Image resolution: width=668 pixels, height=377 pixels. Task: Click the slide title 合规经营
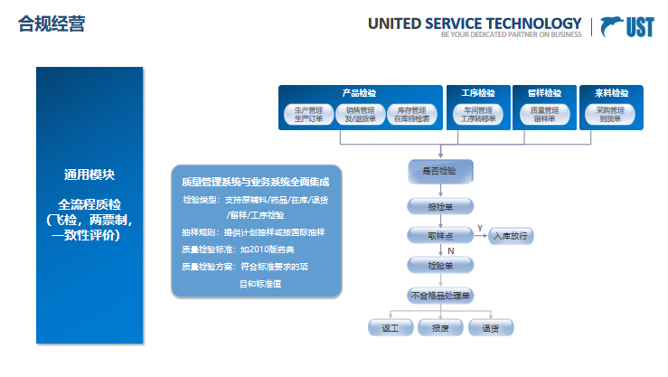tap(52, 24)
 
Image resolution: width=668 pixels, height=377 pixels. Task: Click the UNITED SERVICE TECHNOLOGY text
tap(475, 24)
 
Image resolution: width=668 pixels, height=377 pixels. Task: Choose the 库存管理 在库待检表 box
tap(412, 114)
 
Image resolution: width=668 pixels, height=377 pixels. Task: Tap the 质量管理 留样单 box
tap(544, 114)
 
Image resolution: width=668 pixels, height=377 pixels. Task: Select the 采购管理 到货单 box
tap(611, 114)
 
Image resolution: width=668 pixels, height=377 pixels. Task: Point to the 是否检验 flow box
tap(439, 171)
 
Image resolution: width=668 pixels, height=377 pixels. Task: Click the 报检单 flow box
tap(439, 205)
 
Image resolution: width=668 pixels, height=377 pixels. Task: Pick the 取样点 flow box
tap(439, 235)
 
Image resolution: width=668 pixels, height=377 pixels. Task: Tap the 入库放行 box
tap(512, 236)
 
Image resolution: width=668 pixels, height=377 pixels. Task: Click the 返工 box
tap(390, 326)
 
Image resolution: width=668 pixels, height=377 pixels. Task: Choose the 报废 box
tap(440, 326)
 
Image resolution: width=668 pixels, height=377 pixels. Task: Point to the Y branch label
tap(480, 227)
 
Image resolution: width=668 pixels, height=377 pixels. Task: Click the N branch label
tap(449, 250)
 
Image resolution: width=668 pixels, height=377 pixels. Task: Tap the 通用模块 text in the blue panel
tap(89, 174)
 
